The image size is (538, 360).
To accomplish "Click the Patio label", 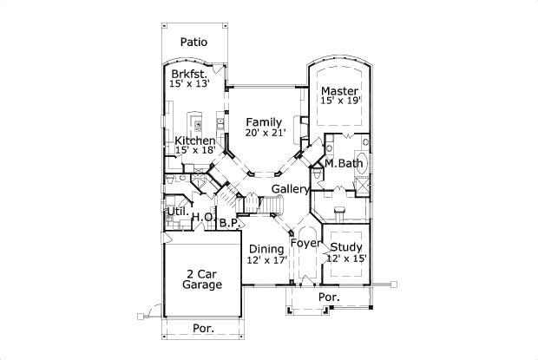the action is (x=194, y=43).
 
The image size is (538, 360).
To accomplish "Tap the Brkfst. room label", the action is (x=189, y=74).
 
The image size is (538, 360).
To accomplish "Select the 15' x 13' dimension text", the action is (x=189, y=83).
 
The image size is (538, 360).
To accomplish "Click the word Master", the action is (x=339, y=91).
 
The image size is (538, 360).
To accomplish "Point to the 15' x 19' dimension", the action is (x=341, y=101).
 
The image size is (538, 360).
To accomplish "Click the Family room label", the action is (x=264, y=122).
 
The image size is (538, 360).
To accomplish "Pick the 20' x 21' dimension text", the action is (x=266, y=133).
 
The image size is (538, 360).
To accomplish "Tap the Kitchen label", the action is (x=195, y=141).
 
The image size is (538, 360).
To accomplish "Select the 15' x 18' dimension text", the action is (x=195, y=150).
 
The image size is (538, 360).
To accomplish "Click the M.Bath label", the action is (x=344, y=164).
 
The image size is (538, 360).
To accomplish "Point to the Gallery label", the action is (x=291, y=189).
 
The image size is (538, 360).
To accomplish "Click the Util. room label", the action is (x=178, y=212).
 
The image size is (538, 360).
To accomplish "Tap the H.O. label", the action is (x=203, y=217).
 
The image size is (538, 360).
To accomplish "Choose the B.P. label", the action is (x=230, y=223).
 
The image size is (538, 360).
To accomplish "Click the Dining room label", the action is (x=266, y=249).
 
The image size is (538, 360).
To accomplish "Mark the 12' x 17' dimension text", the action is (x=267, y=260).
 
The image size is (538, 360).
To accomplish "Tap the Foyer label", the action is (x=305, y=244).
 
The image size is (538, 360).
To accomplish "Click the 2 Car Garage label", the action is (x=202, y=279).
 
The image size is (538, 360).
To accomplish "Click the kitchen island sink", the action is (x=198, y=126).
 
